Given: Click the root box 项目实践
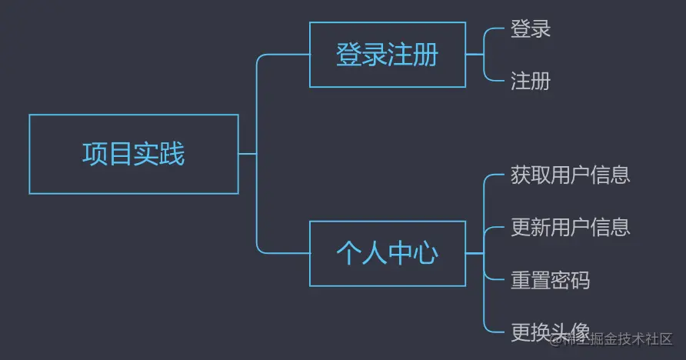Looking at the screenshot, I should click(133, 154).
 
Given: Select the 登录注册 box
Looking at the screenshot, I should click(387, 55).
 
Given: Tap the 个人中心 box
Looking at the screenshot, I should click(387, 253).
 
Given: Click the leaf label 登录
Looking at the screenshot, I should click(531, 29).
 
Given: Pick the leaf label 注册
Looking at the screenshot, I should click(531, 81).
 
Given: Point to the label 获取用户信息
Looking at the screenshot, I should click(570, 175).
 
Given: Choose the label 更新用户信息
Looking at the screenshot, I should click(570, 227).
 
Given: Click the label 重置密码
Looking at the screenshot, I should click(550, 279).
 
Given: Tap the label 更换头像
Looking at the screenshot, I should click(550, 332).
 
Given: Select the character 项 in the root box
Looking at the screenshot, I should click(95, 154).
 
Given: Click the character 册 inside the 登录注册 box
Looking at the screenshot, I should click(425, 55).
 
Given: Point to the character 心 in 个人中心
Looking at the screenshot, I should click(425, 253).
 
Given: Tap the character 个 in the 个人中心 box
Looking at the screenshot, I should click(349, 253).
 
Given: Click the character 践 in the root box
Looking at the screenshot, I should click(172, 154).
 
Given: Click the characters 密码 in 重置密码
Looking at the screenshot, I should click(570, 279).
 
